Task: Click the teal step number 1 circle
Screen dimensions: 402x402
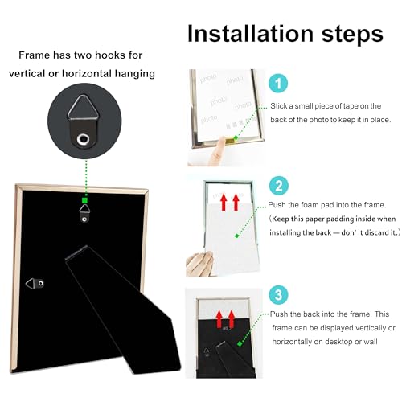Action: click(x=278, y=83)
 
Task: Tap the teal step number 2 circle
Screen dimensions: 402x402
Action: click(x=279, y=186)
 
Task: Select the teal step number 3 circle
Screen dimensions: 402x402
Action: click(x=279, y=295)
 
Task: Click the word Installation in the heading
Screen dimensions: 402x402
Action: click(x=250, y=34)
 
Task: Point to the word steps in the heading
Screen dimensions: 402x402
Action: click(x=352, y=35)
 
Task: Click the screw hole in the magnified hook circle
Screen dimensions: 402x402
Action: click(x=83, y=139)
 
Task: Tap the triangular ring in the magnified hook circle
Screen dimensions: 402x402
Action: click(x=84, y=107)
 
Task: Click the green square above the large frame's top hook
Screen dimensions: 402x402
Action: click(x=84, y=200)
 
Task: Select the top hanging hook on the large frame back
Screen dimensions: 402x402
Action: click(x=84, y=213)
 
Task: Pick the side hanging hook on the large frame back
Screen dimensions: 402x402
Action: click(x=35, y=283)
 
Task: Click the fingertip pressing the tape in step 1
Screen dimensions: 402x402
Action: click(x=221, y=142)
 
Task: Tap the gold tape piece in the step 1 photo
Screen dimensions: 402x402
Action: click(x=230, y=140)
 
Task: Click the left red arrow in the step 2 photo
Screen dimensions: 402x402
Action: click(x=224, y=203)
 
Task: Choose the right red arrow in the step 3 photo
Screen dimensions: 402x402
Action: click(x=232, y=319)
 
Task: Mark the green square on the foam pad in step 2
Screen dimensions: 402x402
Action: click(x=236, y=236)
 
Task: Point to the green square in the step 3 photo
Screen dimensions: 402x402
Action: click(x=240, y=343)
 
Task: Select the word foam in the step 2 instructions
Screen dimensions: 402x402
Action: click(x=310, y=205)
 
